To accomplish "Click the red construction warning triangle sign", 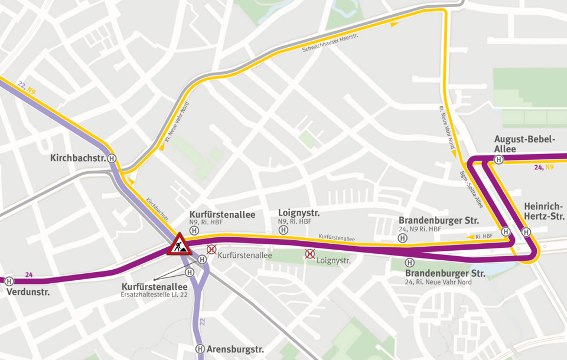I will tap(179, 244).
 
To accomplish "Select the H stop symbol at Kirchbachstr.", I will tap(112, 158).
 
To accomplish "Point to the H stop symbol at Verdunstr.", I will tap(9, 282).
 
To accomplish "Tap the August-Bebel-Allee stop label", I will tap(524, 144).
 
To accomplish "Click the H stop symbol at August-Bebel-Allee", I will tap(498, 159).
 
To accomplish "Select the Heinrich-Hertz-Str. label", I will tap(543, 211).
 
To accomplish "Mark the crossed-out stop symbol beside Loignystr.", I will tap(309, 254).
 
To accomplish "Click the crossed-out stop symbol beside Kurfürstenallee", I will tap(211, 250).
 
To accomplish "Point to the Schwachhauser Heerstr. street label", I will tap(331, 44).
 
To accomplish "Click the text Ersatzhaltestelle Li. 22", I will tap(154, 294).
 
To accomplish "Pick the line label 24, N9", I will tap(543, 168).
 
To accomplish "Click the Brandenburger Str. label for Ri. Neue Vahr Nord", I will tap(445, 274).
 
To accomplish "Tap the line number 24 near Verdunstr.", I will tap(29, 274).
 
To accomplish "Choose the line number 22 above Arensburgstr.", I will tap(203, 321).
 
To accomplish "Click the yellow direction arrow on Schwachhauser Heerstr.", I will tap(394, 24).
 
